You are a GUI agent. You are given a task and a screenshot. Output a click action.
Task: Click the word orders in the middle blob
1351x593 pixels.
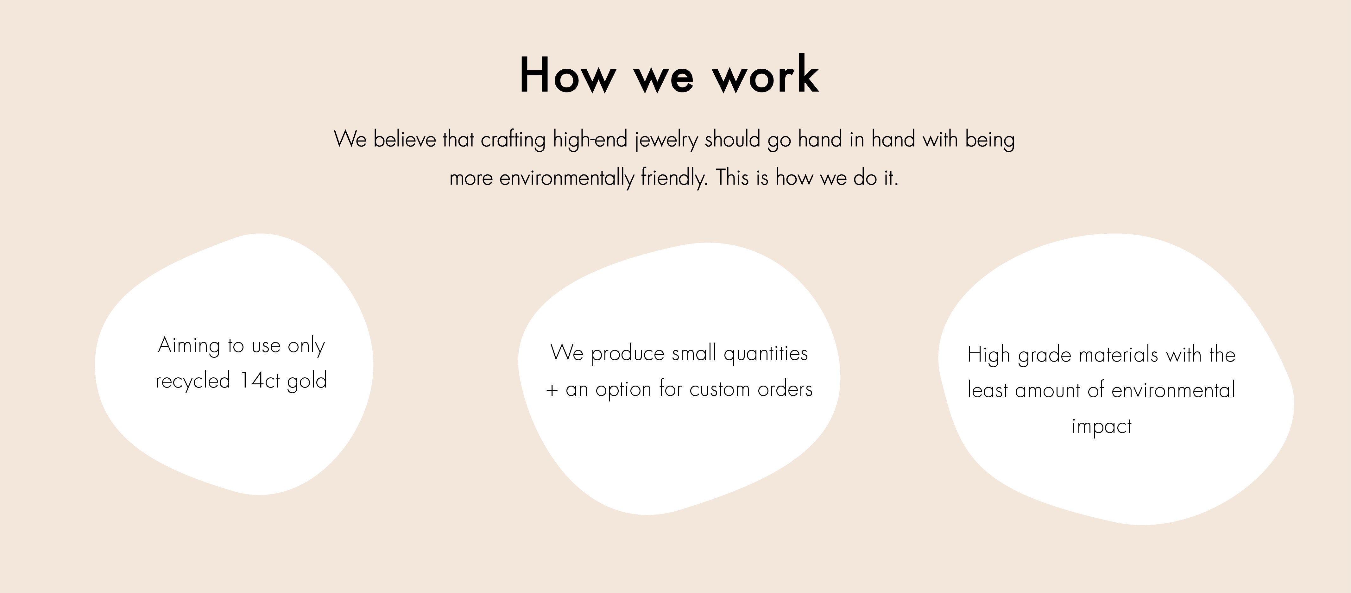pos(785,389)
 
